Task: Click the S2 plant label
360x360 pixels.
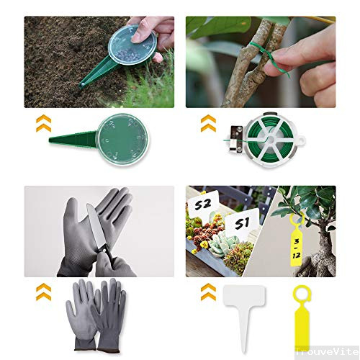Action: tap(202, 205)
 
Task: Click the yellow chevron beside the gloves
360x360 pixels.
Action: tap(44, 292)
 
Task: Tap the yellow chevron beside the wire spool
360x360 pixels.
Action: tap(208, 122)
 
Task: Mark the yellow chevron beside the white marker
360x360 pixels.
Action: tap(208, 292)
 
